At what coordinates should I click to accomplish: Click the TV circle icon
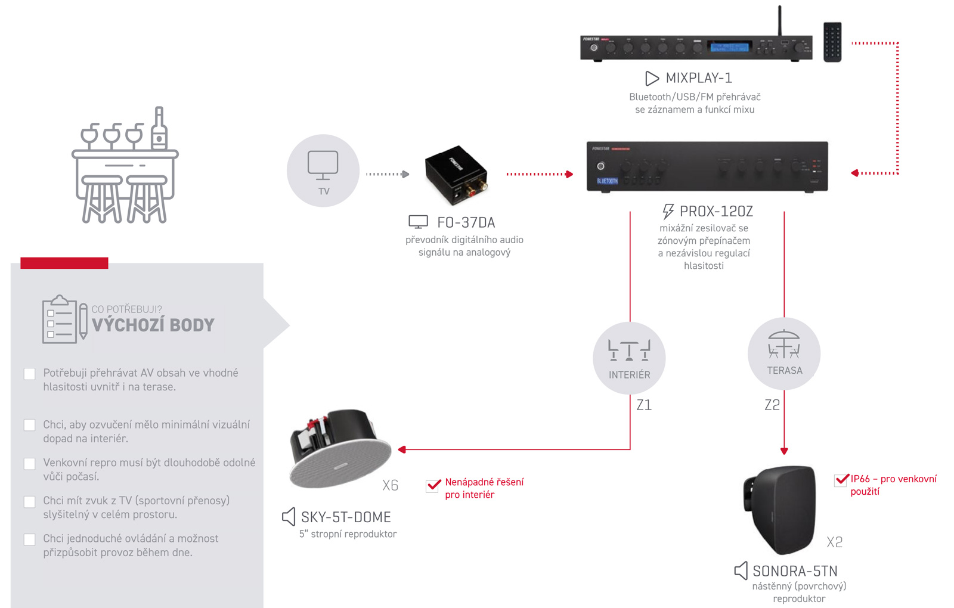tap(323, 170)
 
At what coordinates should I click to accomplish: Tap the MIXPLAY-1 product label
tap(698, 78)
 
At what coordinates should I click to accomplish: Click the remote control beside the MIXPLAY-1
tap(832, 42)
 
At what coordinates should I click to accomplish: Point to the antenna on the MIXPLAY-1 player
tap(779, 21)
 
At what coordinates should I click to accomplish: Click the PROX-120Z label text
tap(715, 212)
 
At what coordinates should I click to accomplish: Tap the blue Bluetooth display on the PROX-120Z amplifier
tap(607, 181)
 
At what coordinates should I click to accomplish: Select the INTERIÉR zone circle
tap(629, 358)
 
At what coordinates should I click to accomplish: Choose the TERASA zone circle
tap(784, 354)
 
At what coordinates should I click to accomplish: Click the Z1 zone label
tap(644, 405)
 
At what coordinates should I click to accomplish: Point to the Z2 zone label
tap(772, 405)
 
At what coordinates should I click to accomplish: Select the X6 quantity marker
tap(390, 486)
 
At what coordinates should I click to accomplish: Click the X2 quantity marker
tap(834, 542)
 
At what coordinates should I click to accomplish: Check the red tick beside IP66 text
tap(841, 480)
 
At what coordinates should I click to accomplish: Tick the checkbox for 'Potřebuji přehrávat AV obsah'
tap(29, 374)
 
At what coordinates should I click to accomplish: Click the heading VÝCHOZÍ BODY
tap(153, 325)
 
